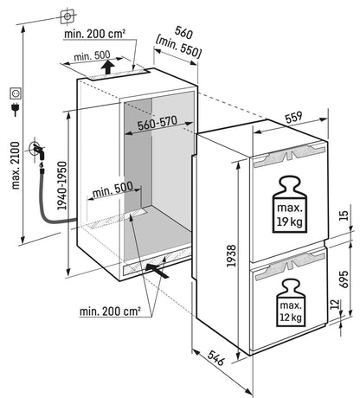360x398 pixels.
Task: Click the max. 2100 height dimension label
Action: pos(16,165)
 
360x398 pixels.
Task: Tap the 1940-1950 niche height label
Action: pos(62,185)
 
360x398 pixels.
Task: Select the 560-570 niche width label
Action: pos(157,124)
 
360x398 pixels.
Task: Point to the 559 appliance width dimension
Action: pos(293,118)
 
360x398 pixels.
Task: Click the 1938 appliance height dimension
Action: pos(231,255)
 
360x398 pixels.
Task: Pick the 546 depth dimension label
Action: pos(215,357)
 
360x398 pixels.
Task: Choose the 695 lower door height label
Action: pos(344,279)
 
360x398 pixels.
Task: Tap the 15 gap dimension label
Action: pos(344,215)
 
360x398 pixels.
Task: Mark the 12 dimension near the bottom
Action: pos(334,305)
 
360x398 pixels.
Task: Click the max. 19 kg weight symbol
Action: pos(290,204)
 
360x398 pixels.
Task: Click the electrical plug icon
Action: pos(15,109)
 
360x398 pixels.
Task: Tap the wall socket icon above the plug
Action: pos(16,93)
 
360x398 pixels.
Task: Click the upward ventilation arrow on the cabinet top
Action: pos(107,67)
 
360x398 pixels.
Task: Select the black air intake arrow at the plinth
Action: pos(157,271)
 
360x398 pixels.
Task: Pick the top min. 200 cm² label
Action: pos(94,34)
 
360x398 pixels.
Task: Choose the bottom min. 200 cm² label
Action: pos(110,311)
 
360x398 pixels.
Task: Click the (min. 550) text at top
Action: pos(178,48)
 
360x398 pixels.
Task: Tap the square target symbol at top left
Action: pos(67,16)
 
